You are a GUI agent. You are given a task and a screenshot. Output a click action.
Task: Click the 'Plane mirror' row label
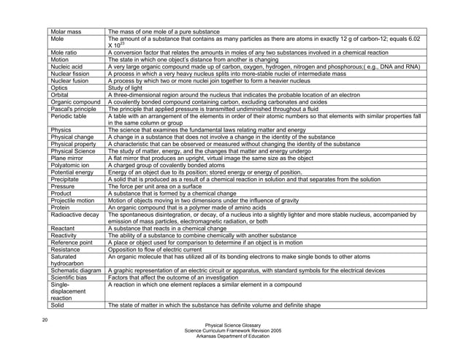click(67, 158)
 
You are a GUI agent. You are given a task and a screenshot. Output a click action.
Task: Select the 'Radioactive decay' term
click(75, 214)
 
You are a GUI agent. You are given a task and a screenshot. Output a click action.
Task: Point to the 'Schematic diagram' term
click(76, 270)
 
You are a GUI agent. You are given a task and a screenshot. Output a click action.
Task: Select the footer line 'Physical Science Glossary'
click(233, 326)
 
